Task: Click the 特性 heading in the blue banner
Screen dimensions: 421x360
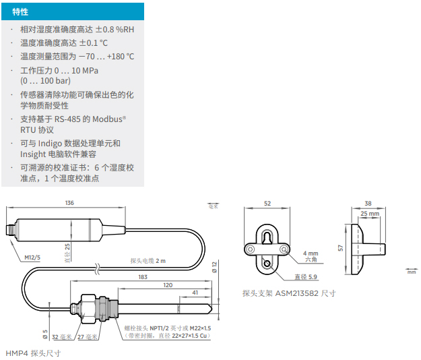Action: click(x=20, y=12)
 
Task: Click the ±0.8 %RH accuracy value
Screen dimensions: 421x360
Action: click(x=115, y=29)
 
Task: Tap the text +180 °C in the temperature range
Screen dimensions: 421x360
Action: click(x=121, y=57)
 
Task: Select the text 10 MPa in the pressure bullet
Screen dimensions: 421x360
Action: click(x=85, y=70)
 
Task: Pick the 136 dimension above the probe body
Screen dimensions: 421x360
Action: click(x=69, y=203)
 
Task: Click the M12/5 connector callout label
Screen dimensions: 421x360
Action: click(x=32, y=258)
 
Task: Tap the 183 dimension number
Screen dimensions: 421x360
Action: click(x=143, y=277)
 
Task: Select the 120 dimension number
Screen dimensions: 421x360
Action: click(x=168, y=285)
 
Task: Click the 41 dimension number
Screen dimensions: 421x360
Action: click(x=195, y=293)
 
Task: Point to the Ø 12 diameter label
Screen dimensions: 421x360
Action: click(x=214, y=268)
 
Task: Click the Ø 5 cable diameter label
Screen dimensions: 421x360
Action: click(x=45, y=334)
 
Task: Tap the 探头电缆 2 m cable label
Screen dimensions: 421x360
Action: click(x=148, y=261)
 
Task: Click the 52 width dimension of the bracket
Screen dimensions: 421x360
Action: click(x=267, y=204)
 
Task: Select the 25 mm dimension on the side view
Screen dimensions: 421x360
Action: click(x=370, y=214)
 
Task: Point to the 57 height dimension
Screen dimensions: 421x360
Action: click(x=340, y=247)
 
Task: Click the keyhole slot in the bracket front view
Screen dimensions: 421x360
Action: click(x=267, y=237)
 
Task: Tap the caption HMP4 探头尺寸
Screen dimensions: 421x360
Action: click(x=33, y=353)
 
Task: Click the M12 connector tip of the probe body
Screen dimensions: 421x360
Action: click(x=10, y=231)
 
